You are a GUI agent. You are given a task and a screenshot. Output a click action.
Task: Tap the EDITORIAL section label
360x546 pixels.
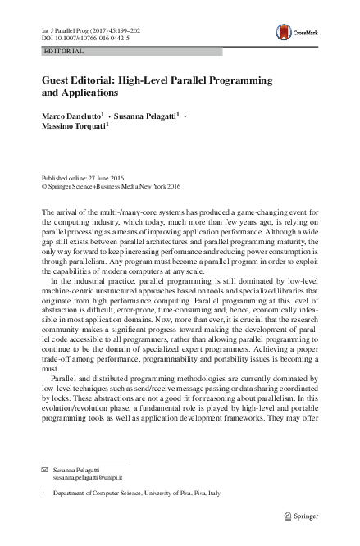[x=63, y=52]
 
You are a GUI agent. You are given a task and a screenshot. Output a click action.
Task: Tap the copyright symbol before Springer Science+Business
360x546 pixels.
[x=45, y=186]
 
